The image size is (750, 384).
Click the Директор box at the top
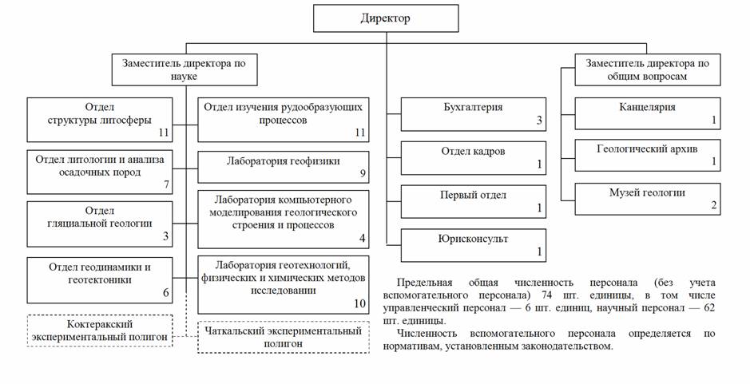pos(386,18)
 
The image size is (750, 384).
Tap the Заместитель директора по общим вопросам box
pos(647,69)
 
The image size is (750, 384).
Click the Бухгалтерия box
pos(473,113)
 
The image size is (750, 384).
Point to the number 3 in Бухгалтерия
pos(540,121)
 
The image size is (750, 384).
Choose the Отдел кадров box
pos(473,157)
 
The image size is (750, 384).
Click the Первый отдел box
pos(473,201)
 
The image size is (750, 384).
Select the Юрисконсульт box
pos(473,245)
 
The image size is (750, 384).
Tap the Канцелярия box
pos(647,113)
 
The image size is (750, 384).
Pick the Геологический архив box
pos(647,155)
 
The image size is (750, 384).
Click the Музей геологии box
pos(647,198)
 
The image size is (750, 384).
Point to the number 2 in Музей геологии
pos(714,206)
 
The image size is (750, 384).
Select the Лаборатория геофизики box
pos(284,166)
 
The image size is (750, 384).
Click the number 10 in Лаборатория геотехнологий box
pos(359,303)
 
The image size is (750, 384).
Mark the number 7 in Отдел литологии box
pos(165,184)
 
